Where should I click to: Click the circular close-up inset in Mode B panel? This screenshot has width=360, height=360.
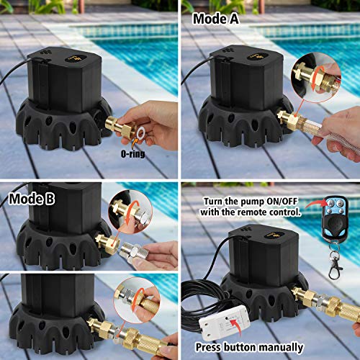(x=129, y=212)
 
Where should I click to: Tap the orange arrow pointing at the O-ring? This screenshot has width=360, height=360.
(x=135, y=143)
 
